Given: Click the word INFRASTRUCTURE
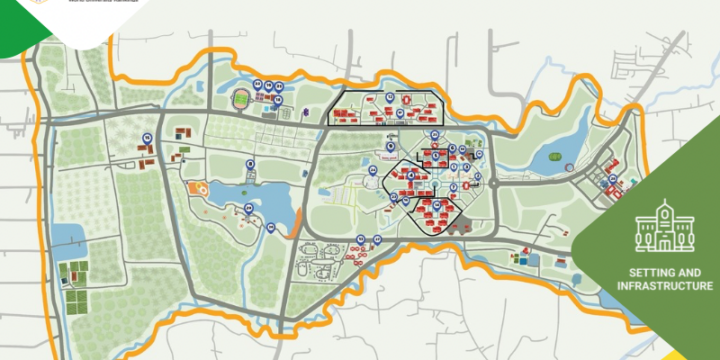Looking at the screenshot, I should [x=665, y=286].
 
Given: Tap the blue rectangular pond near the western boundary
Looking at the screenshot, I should [x=73, y=236].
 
